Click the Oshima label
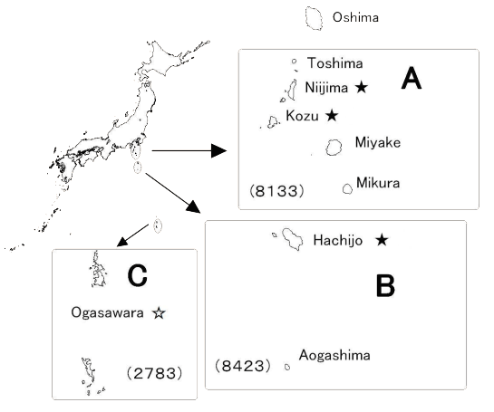(355, 17)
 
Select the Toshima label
(334, 63)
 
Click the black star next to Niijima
(362, 87)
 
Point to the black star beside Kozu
(332, 116)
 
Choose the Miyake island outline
(326, 148)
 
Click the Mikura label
(378, 183)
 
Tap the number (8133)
(277, 191)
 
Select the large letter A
(412, 78)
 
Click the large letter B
(385, 285)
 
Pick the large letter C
(138, 275)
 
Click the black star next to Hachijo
(382, 240)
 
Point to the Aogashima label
(334, 355)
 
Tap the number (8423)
(243, 366)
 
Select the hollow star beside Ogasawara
(159, 313)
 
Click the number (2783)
(154, 373)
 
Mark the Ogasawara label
(107, 313)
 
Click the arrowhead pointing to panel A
(219, 150)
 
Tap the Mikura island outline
(344, 189)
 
